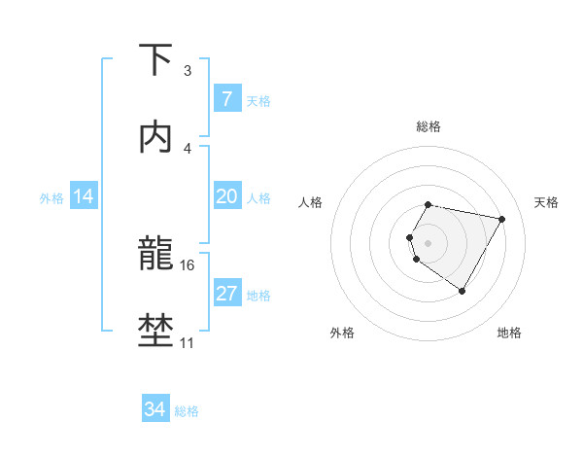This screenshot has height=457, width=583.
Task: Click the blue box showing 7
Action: point(226,98)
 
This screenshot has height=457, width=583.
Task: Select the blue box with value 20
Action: point(226,196)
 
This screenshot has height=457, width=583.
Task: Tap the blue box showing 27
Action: point(226,294)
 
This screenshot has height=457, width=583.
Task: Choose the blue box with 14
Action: point(84,196)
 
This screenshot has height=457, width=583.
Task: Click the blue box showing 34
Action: point(154,409)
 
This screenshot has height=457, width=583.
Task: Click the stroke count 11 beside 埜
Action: point(188,342)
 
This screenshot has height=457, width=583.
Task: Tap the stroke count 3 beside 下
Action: point(188,71)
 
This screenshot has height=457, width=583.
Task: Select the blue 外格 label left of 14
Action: point(51,197)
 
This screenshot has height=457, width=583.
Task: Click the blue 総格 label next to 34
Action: point(187,410)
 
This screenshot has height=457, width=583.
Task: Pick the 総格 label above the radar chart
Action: point(429,126)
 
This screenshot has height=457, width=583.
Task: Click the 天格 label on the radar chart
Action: point(547,202)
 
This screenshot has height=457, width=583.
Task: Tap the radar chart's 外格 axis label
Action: point(342,333)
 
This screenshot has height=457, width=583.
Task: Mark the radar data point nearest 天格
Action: point(501,219)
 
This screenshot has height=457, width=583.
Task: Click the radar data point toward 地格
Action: point(463,291)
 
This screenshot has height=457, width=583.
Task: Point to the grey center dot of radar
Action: point(429,242)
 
